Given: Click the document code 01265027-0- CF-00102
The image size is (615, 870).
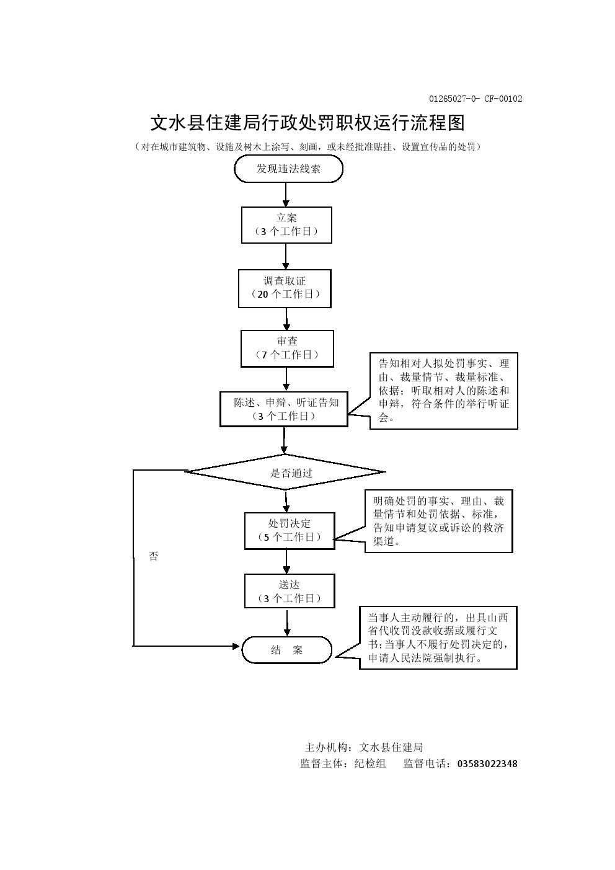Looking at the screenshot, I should (476, 99).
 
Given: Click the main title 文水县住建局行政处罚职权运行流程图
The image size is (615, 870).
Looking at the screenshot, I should (307, 123).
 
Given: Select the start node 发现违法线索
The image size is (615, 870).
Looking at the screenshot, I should (288, 169).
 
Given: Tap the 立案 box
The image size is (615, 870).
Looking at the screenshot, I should (286, 224).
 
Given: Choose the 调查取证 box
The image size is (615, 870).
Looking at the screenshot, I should (285, 288).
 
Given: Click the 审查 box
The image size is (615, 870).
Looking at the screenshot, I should (287, 348).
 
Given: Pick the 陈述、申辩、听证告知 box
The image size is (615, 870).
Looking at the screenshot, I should (284, 409).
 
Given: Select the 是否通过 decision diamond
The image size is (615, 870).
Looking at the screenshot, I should (285, 473).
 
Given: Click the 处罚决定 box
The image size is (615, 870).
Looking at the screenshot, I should (290, 530).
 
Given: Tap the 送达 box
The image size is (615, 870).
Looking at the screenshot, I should (290, 591).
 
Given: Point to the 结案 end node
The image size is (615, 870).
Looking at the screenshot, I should (286, 650).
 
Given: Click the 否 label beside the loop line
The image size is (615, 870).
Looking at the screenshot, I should (154, 556).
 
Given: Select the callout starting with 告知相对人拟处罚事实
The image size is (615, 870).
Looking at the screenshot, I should (443, 391).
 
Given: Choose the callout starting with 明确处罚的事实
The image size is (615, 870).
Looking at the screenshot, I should (438, 521).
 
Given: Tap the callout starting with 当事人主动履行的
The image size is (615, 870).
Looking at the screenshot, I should (438, 637).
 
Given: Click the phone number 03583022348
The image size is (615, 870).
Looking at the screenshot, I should (487, 763).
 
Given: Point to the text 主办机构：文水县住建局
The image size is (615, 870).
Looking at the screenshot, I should (364, 747).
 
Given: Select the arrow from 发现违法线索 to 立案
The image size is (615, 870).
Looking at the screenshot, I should (286, 194).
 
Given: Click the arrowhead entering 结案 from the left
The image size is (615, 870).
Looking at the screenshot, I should (236, 646).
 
